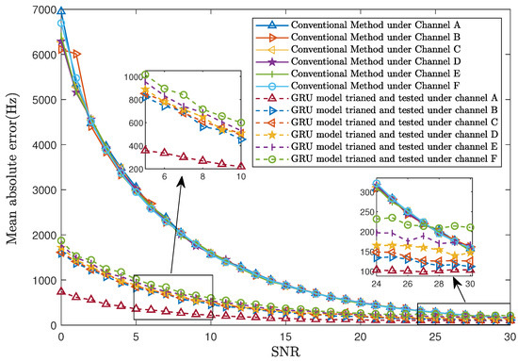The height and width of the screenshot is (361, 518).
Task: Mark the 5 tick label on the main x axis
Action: point(136,336)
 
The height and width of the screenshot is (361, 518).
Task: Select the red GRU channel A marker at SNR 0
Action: point(61,292)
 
